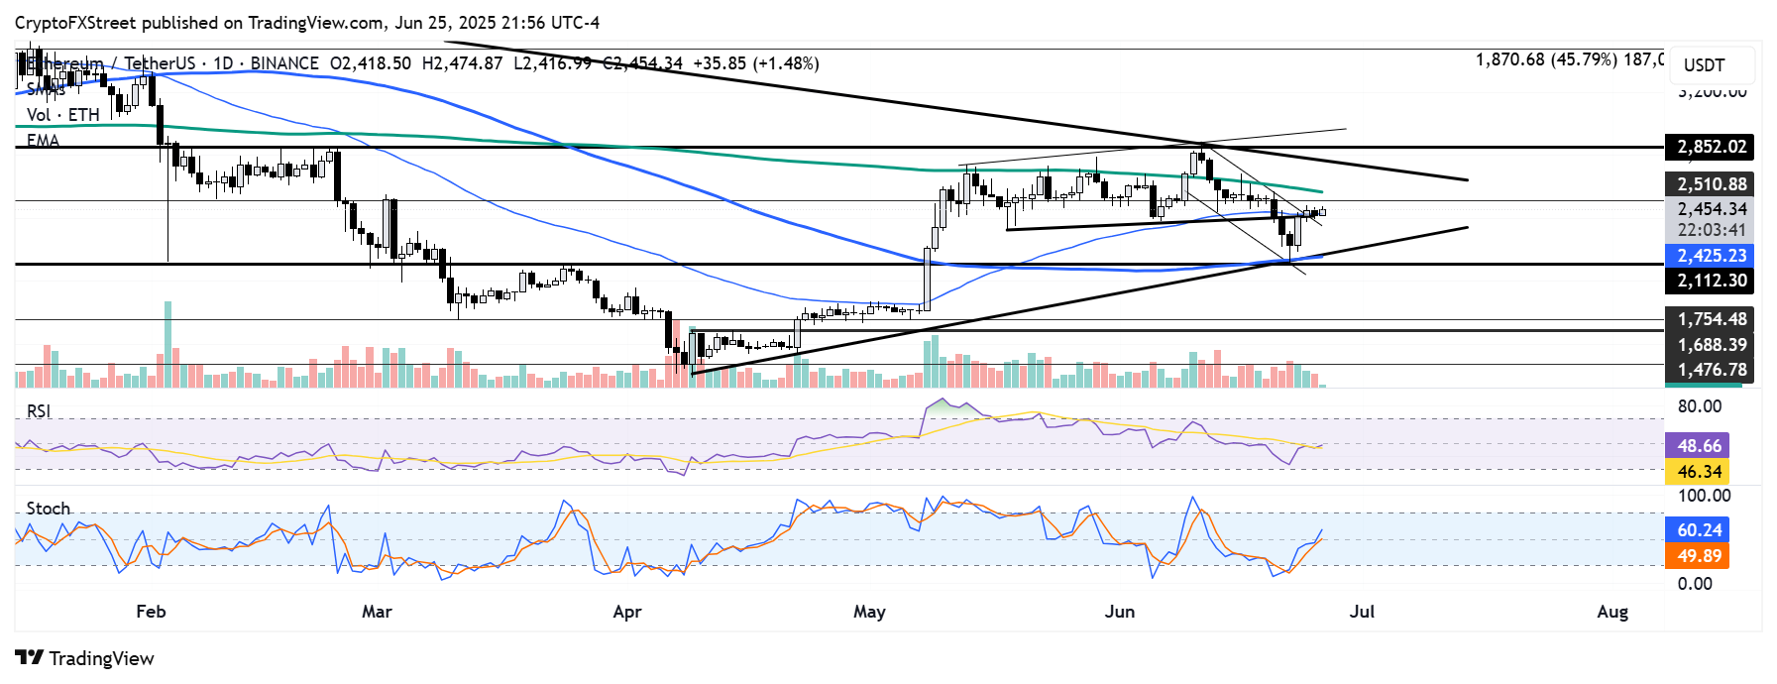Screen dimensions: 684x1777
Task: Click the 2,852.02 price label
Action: tap(1711, 148)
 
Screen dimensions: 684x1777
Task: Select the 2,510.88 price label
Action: tap(1711, 184)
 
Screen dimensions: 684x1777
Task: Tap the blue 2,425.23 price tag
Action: tap(1711, 256)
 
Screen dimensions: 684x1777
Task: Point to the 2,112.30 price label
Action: tap(1711, 281)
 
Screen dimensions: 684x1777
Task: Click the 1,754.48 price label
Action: tap(1711, 319)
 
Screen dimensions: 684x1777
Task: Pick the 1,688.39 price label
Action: tap(1711, 345)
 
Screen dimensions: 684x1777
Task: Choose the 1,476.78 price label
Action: tap(1711, 370)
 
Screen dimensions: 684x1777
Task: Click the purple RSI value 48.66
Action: tap(1699, 446)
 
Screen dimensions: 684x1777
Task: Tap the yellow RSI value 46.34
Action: tap(1699, 472)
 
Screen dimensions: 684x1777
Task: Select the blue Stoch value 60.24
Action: tap(1699, 530)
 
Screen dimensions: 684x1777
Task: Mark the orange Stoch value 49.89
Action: tap(1699, 556)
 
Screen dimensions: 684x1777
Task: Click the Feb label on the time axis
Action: tap(151, 612)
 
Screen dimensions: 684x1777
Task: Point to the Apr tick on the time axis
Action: tap(627, 612)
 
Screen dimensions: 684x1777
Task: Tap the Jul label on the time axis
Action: tap(1362, 612)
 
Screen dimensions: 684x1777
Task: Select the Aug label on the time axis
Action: tap(1612, 612)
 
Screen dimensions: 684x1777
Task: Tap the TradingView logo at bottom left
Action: tap(85, 658)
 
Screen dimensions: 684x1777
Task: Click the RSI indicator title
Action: tap(39, 411)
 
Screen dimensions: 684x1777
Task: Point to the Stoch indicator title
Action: tap(49, 509)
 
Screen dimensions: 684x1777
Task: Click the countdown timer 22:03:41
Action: tap(1711, 230)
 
